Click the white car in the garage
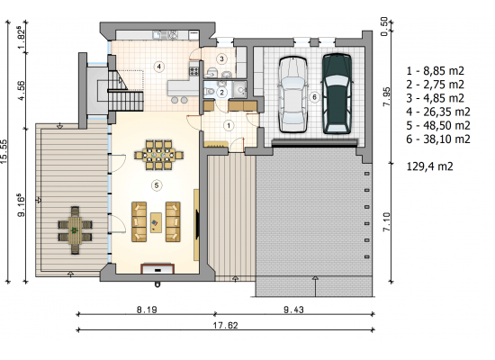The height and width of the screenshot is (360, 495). click(x=293, y=94)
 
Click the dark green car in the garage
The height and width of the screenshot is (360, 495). click(x=337, y=94)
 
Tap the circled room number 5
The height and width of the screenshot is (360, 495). click(x=157, y=185)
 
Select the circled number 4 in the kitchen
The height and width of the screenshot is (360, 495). click(x=159, y=67)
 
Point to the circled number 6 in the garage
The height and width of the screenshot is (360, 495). click(x=314, y=97)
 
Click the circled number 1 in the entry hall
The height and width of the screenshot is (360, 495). click(x=229, y=126)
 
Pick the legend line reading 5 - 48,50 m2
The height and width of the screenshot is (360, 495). click(x=438, y=125)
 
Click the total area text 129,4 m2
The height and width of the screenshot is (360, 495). click(x=429, y=166)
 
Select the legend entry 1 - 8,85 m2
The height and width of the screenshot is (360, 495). click(x=435, y=71)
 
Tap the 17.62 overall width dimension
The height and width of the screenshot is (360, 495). click(x=225, y=325)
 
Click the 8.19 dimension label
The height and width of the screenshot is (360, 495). click(x=147, y=310)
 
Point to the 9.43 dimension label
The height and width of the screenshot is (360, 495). click(x=293, y=310)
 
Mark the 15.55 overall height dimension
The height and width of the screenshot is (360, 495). click(x=4, y=151)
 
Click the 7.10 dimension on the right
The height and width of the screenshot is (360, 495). click(x=386, y=222)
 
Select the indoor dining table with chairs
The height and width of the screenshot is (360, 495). click(x=159, y=155)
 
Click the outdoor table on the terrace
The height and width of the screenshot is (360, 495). click(x=75, y=230)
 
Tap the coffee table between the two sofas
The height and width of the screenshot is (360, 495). click(x=156, y=222)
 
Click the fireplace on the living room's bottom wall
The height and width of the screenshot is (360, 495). click(x=157, y=268)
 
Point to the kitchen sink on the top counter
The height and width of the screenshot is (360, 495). click(x=157, y=34)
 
